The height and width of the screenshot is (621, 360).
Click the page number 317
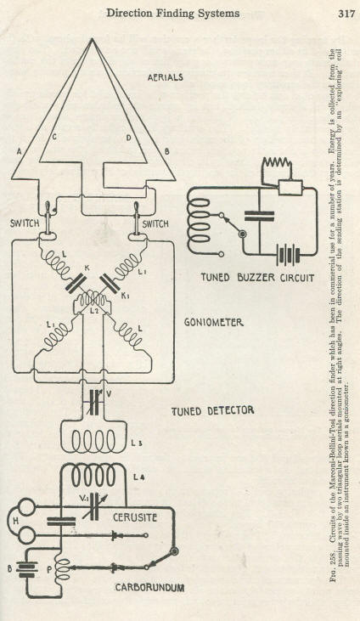[x=346, y=14]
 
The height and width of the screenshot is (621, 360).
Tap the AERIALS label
[x=166, y=77]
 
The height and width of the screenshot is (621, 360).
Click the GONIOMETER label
[x=213, y=323]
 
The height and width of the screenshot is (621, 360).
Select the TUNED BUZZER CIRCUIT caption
[x=257, y=278]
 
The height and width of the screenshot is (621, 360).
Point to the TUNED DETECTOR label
[x=212, y=411]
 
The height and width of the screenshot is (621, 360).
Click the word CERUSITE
[x=135, y=517]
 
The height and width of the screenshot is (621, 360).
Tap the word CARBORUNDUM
[x=149, y=588]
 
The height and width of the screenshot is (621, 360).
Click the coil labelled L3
[x=93, y=440]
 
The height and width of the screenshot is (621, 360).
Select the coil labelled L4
[x=93, y=475]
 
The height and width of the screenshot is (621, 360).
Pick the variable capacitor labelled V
[x=94, y=403]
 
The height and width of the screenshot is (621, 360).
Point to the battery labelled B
[x=27, y=570]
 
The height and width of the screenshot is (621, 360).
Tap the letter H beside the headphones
[x=16, y=522]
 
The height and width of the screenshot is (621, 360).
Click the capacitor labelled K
[x=76, y=284]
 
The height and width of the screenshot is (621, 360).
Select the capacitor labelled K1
[x=109, y=284]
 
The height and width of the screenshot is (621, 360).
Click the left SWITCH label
[x=25, y=223]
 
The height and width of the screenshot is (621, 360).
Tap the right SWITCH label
[x=155, y=224]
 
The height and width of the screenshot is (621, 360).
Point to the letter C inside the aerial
[x=53, y=138]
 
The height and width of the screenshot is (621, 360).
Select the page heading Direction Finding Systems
[x=172, y=14]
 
